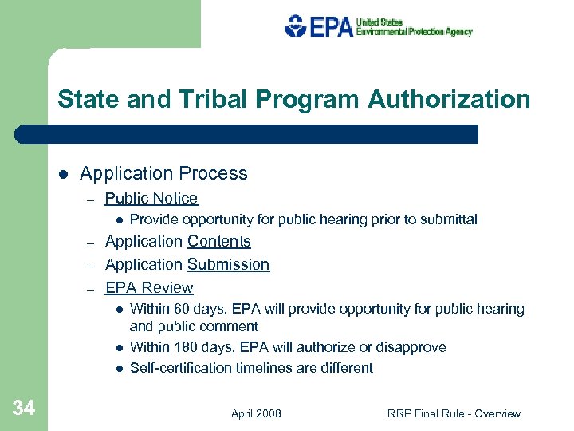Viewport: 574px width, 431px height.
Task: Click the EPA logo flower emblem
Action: [x=295, y=26]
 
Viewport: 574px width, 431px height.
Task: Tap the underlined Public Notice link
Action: [x=151, y=198]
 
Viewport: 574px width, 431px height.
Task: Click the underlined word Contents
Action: [x=219, y=241]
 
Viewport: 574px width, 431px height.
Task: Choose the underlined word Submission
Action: [x=228, y=264]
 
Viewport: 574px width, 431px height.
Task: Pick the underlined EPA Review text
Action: [x=149, y=287]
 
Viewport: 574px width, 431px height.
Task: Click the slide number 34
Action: [x=24, y=409]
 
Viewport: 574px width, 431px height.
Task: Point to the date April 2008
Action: [x=256, y=413]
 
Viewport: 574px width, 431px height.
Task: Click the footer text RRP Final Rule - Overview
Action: [x=454, y=413]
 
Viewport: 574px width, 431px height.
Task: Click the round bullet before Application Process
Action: [x=62, y=174]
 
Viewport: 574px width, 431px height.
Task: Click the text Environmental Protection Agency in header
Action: [x=414, y=32]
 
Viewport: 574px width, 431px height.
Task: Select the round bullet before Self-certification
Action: [x=117, y=369]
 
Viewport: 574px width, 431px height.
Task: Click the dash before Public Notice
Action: [x=92, y=200]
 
